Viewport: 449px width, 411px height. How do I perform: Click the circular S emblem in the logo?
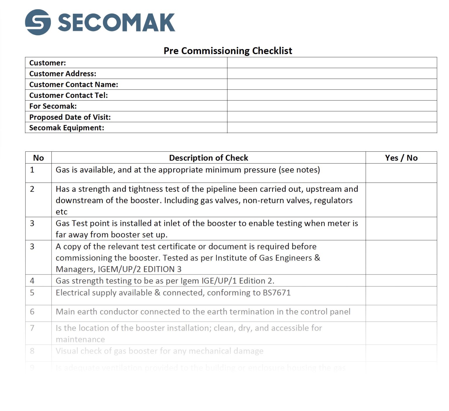coord(38,22)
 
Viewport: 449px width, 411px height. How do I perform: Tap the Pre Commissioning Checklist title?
coord(228,51)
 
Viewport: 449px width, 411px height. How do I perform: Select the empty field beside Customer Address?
coord(332,74)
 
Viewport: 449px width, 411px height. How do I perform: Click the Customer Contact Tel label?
coord(68,95)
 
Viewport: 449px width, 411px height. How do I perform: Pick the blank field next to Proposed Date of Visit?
coord(332,117)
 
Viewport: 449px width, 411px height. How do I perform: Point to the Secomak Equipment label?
coord(67,128)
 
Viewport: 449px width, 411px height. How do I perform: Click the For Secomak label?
coord(53,106)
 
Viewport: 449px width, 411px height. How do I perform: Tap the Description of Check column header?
coord(208,158)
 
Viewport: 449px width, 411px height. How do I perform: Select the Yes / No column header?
coord(401,158)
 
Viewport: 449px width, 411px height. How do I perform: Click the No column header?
coord(38,158)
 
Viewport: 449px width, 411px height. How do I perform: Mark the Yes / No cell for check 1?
coord(401,173)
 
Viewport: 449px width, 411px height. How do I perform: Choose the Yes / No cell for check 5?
coord(401,296)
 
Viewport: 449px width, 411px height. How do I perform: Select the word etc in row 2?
coord(61,212)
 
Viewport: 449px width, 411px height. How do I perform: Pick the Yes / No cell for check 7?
coord(401,333)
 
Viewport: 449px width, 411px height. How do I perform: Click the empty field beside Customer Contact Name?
coord(332,84)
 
